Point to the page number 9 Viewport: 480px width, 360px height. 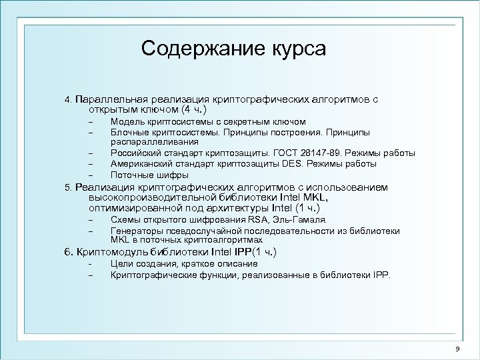[457, 349]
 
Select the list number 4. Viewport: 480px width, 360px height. [67, 99]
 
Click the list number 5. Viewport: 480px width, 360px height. [67, 189]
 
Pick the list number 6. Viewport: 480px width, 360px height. [67, 252]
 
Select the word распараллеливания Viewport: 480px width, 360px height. [154, 142]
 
